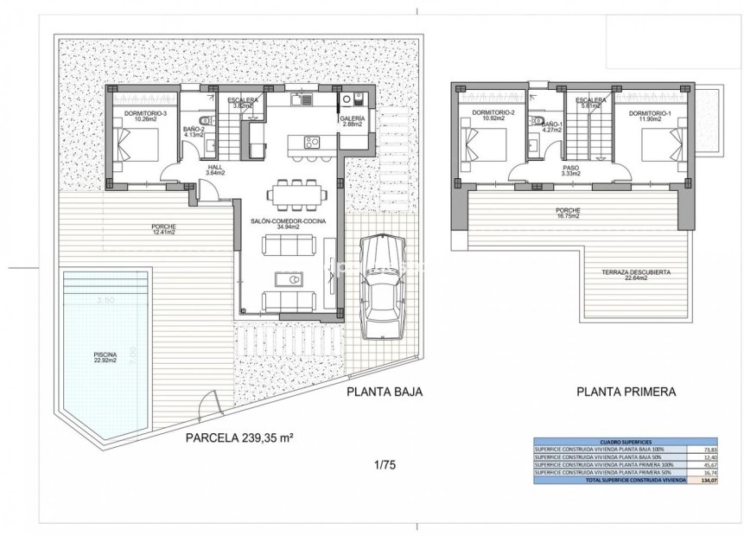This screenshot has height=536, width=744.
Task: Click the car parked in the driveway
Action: (382, 289)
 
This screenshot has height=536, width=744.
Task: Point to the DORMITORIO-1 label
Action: (651, 114)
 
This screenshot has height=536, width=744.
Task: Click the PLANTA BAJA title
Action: (384, 392)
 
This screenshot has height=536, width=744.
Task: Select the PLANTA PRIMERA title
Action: (626, 392)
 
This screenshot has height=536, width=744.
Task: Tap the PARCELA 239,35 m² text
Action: (241, 437)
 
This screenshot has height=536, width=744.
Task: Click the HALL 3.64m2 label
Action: (215, 170)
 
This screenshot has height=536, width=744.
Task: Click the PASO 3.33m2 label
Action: (569, 170)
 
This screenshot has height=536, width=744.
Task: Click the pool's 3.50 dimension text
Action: (105, 300)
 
